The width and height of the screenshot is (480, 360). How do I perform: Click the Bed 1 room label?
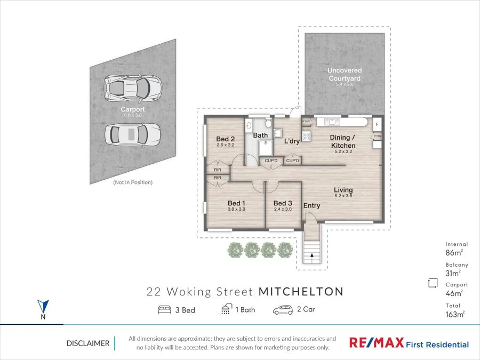[x=236, y=203]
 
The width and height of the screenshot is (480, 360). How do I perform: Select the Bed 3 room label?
[x=283, y=203]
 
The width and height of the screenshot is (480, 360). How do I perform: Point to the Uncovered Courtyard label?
[x=344, y=74]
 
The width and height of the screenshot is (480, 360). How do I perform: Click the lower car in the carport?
[x=132, y=134]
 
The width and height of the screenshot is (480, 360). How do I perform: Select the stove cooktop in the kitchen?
[x=307, y=137]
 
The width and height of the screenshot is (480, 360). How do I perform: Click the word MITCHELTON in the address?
[x=301, y=292]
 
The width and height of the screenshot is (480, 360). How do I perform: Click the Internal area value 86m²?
[x=454, y=253]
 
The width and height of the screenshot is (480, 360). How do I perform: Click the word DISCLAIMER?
[x=88, y=343]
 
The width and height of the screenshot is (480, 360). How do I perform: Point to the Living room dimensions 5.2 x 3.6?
[x=343, y=196]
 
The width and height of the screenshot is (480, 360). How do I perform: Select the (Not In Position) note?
[x=132, y=182]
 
